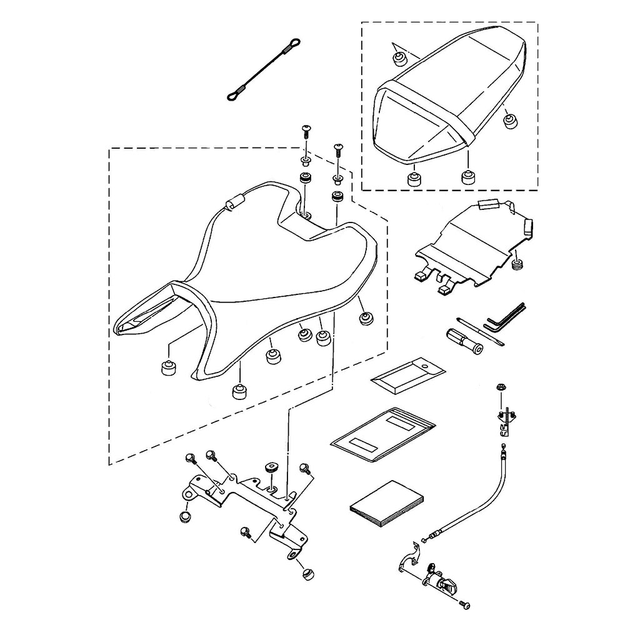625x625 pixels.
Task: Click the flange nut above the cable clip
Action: [x=501, y=388]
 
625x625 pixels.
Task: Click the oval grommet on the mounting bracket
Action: [x=271, y=467]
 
